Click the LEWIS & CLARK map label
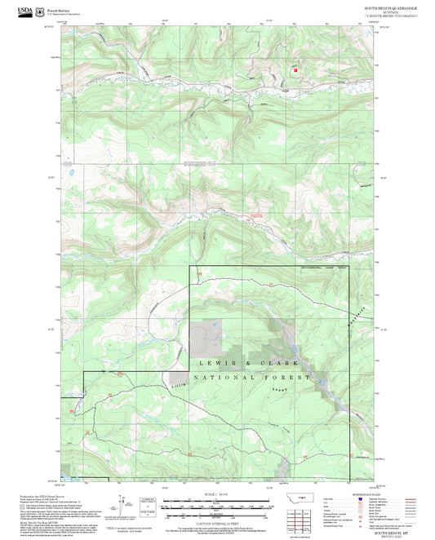point(249,361)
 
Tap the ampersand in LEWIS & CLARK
point(248,361)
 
